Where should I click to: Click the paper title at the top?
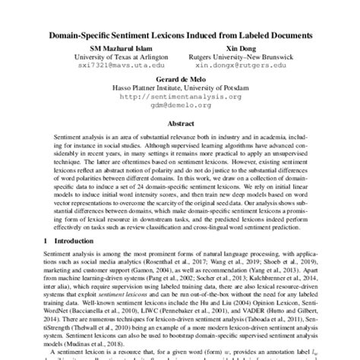[x=180, y=36]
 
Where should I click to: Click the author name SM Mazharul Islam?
[x=112, y=47]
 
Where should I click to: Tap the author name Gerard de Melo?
[x=180, y=79]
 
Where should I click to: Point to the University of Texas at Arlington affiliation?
[x=112, y=56]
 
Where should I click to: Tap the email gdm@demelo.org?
[x=180, y=105]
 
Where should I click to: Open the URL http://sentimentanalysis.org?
[x=180, y=96]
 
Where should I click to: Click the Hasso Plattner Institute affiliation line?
[x=180, y=88]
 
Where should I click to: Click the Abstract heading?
[x=180, y=122]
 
